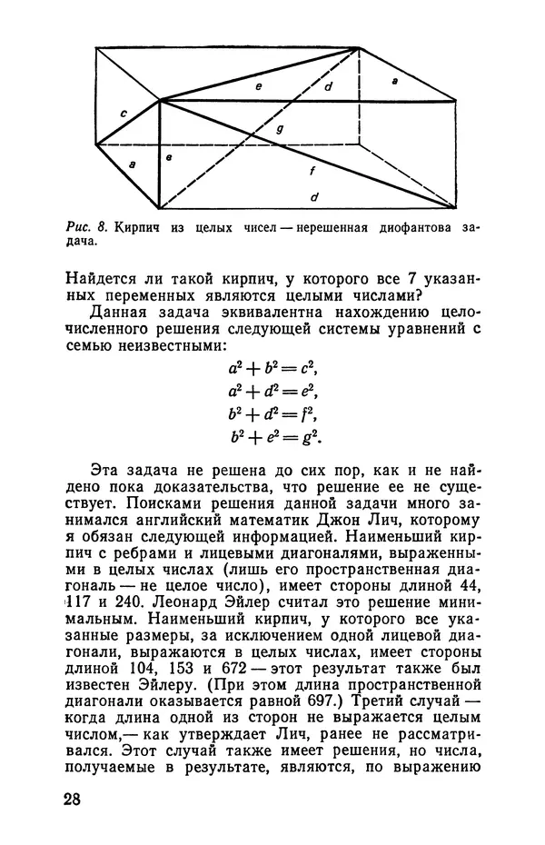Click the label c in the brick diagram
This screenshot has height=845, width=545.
click(x=123, y=114)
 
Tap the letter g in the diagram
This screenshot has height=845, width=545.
click(x=281, y=129)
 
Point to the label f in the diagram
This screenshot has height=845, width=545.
click(x=312, y=171)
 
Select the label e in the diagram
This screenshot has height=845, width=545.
click(x=258, y=85)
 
